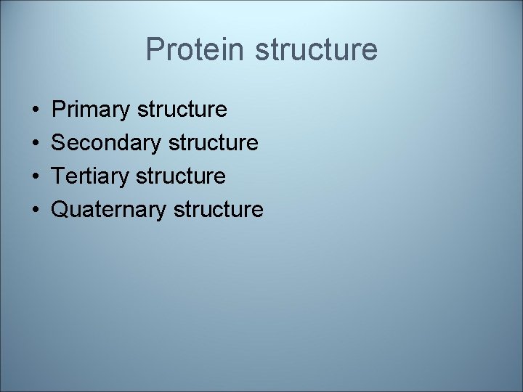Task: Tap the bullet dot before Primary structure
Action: (36, 110)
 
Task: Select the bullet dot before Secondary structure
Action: (36, 144)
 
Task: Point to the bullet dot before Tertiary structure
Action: (36, 176)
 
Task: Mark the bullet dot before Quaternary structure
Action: (36, 210)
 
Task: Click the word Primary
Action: (92, 110)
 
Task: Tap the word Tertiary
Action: (91, 176)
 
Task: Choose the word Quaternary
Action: (110, 210)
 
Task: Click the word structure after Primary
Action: (182, 110)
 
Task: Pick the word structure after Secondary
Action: (213, 144)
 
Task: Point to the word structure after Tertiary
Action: (181, 176)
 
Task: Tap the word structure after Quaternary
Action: (218, 210)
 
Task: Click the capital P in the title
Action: (155, 49)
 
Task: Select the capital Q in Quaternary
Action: (61, 210)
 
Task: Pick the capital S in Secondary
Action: (60, 144)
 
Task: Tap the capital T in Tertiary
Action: (60, 176)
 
